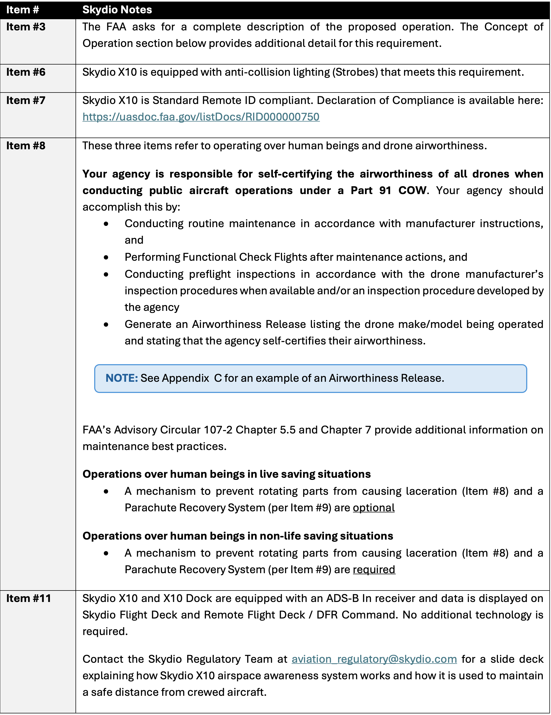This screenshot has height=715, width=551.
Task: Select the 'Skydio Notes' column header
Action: click(x=117, y=10)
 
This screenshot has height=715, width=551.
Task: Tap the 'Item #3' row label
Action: click(x=26, y=27)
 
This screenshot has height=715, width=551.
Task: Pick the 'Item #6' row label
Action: click(x=26, y=72)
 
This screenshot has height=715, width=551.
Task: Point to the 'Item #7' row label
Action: click(x=26, y=101)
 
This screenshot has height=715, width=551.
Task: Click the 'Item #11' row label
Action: click(x=29, y=598)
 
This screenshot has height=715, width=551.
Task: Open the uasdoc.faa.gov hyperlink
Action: click(x=201, y=117)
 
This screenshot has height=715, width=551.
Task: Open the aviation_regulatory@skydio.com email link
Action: click(x=374, y=659)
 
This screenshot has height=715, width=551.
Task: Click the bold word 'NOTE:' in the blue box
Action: click(x=121, y=378)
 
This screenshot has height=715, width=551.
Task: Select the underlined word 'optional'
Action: click(x=374, y=508)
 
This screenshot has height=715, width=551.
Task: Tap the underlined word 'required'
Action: click(x=374, y=570)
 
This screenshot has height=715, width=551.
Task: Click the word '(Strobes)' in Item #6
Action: click(x=355, y=72)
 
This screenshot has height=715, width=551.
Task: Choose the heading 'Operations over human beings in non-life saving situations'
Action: click(x=237, y=536)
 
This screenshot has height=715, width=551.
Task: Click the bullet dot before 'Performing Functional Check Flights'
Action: click(x=106, y=258)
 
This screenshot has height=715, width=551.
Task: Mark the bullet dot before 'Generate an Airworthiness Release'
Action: click(x=106, y=325)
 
